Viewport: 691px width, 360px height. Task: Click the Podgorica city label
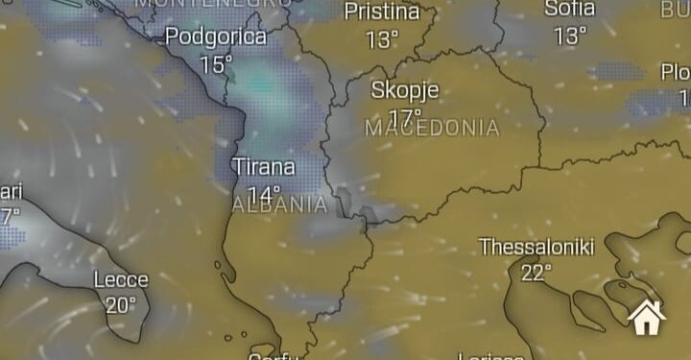pyautogui.click(x=216, y=37)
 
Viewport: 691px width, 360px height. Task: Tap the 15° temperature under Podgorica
pyautogui.click(x=216, y=64)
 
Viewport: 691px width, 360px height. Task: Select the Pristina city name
pyautogui.click(x=382, y=12)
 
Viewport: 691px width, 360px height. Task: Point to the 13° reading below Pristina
pyautogui.click(x=382, y=40)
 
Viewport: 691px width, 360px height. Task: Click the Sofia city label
pyautogui.click(x=569, y=9)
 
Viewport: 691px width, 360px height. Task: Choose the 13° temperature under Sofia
pyautogui.click(x=569, y=36)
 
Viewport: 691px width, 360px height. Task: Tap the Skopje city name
pyautogui.click(x=405, y=91)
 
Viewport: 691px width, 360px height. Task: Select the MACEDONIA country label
pyautogui.click(x=432, y=128)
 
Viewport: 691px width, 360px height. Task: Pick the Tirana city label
pyautogui.click(x=264, y=167)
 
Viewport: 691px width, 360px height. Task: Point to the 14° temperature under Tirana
pyautogui.click(x=264, y=194)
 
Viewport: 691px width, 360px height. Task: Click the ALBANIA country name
pyautogui.click(x=280, y=204)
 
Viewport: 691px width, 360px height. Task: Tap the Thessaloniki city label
pyautogui.click(x=536, y=247)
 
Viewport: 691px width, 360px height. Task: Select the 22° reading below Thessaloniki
pyautogui.click(x=536, y=274)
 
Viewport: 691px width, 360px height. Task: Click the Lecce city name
pyautogui.click(x=121, y=280)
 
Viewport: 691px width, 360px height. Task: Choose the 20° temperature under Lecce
pyautogui.click(x=121, y=306)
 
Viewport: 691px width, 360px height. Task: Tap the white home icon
pyautogui.click(x=647, y=316)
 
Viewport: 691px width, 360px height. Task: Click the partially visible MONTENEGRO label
pyautogui.click(x=212, y=3)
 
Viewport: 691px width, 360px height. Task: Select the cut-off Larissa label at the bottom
pyautogui.click(x=490, y=356)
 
